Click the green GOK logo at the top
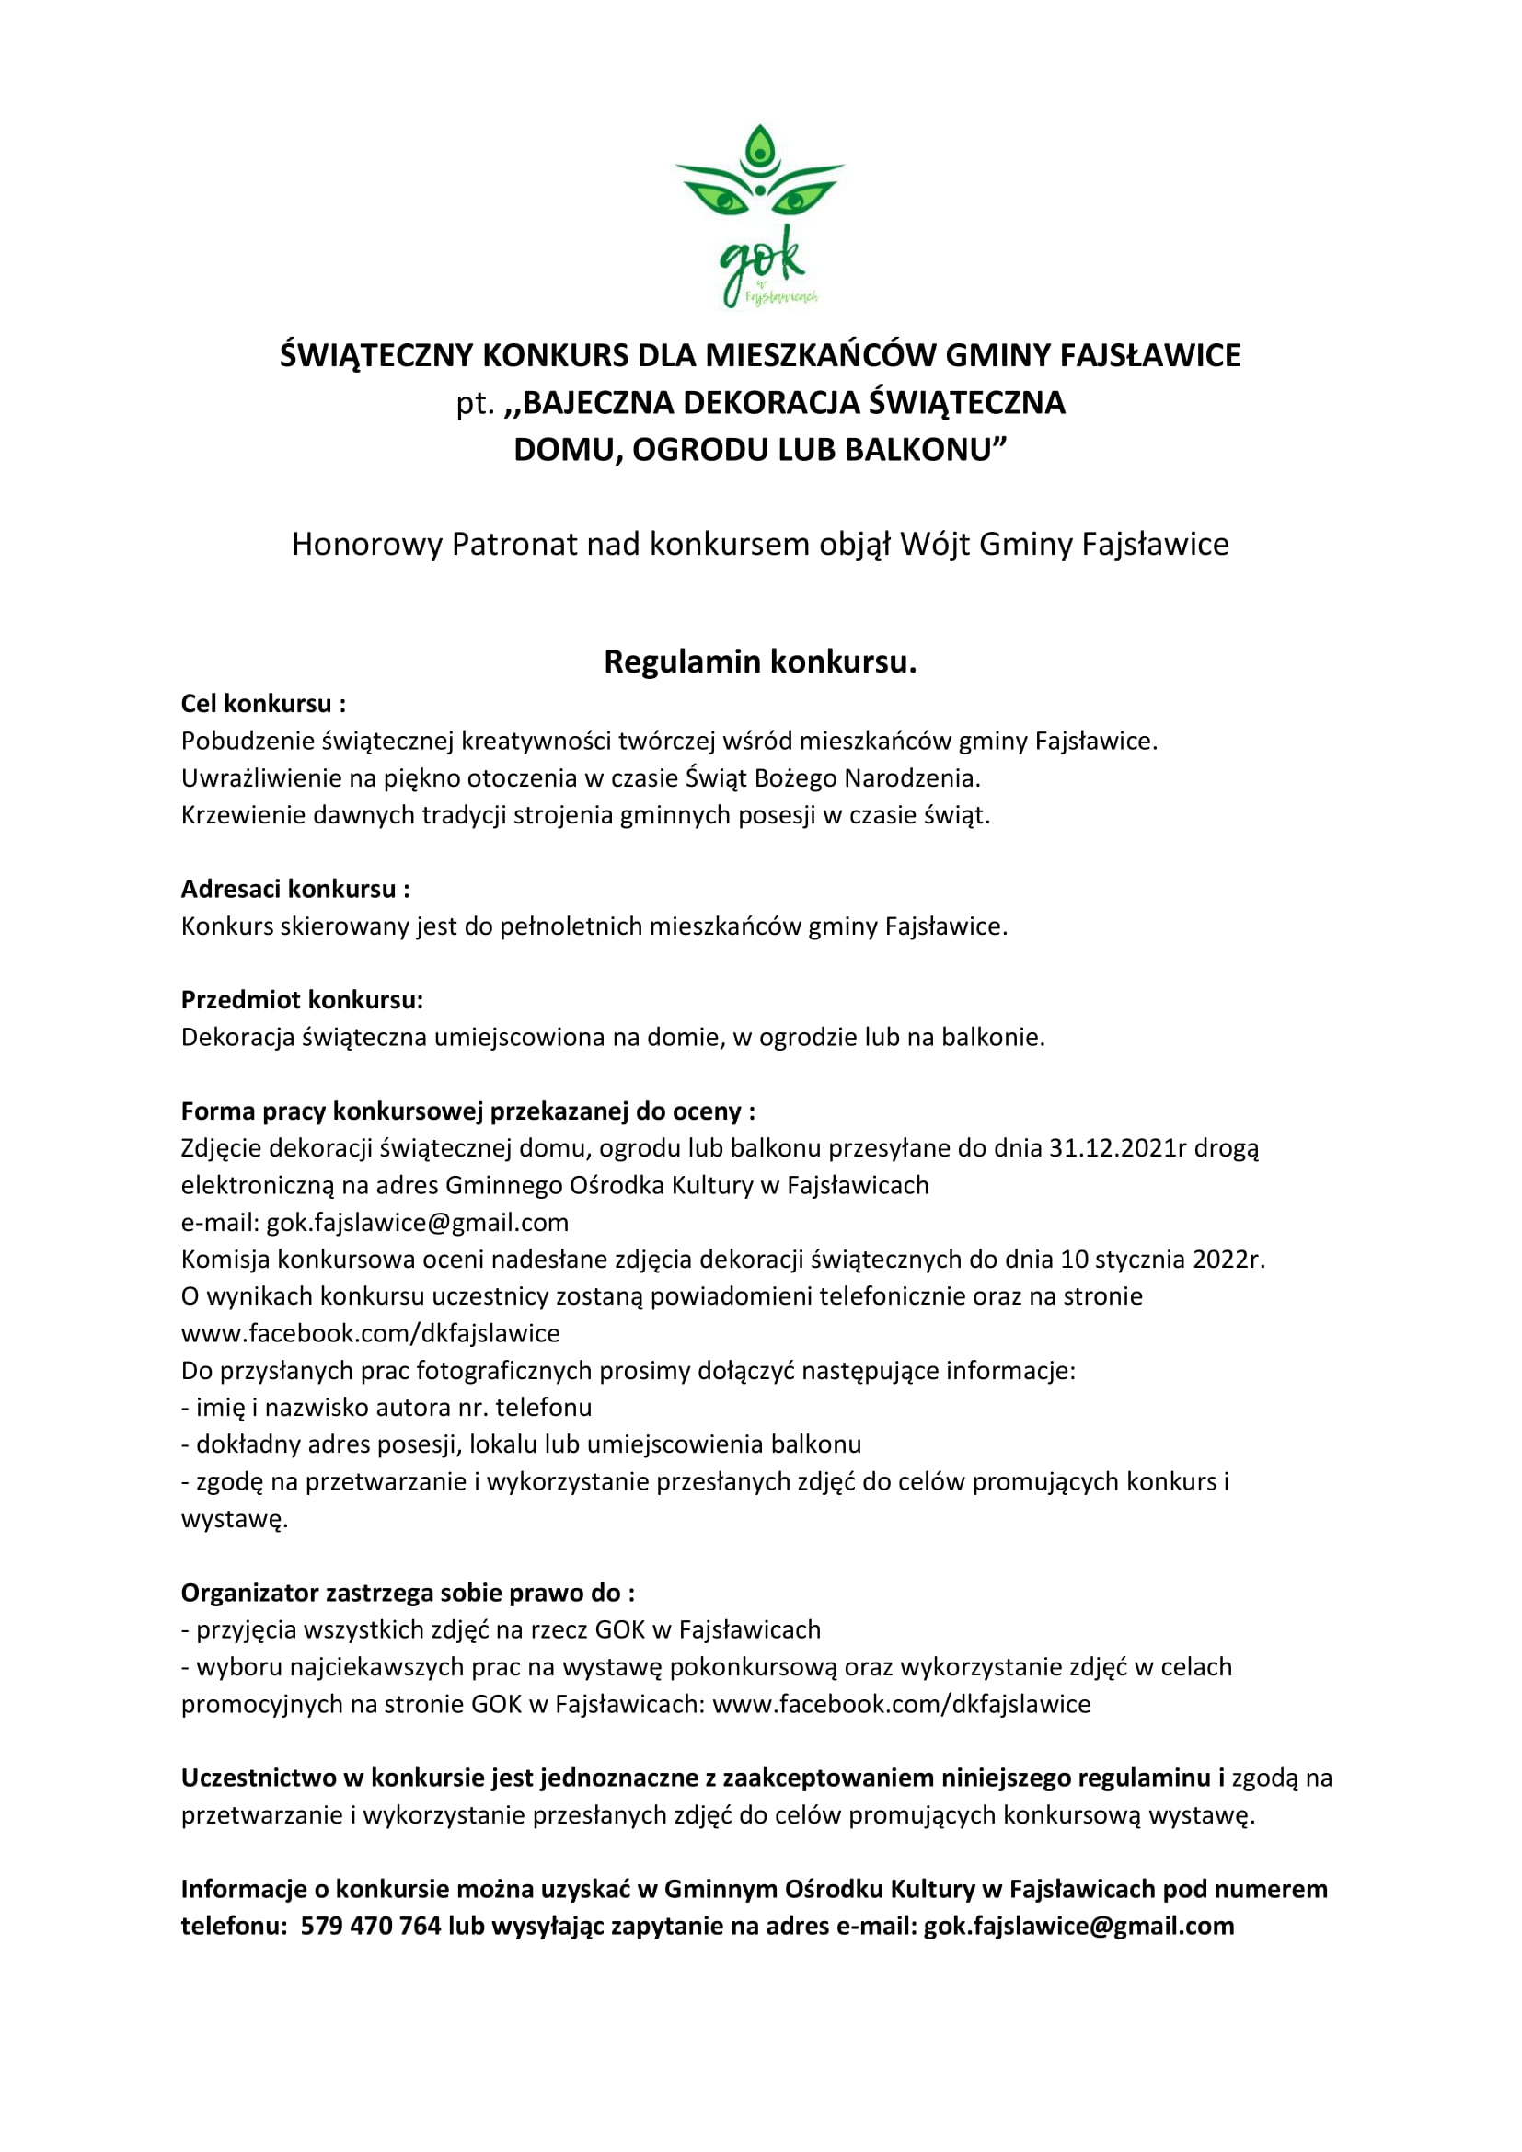(x=760, y=216)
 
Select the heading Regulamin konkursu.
(x=760, y=662)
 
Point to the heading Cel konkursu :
(x=263, y=704)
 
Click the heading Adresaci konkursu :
(x=295, y=889)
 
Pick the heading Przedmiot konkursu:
(x=302, y=1000)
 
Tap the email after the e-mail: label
(x=418, y=1222)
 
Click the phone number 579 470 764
(x=370, y=1926)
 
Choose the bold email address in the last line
(x=1078, y=1926)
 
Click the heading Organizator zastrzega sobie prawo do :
(x=408, y=1594)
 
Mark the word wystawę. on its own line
(x=235, y=1519)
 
